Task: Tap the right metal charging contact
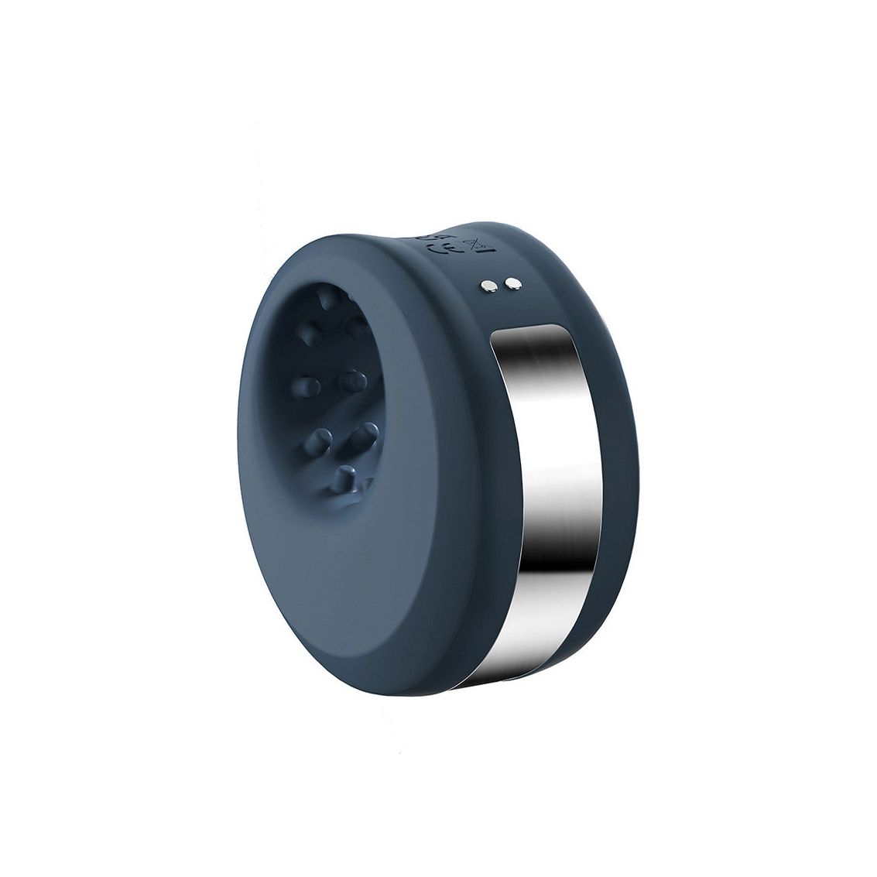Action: click(x=511, y=286)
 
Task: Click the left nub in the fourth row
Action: click(x=317, y=440)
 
